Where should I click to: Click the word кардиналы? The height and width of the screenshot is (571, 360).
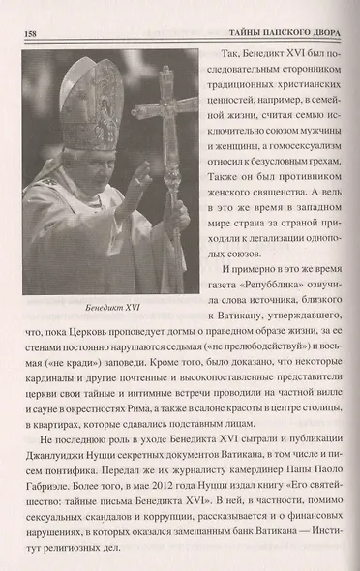[49, 387]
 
